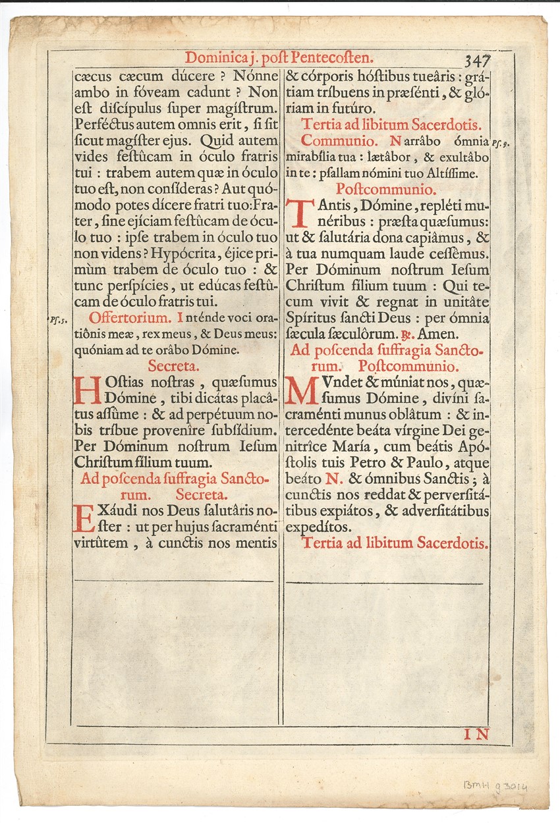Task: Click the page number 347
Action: [477, 61]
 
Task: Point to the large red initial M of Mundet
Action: [300, 390]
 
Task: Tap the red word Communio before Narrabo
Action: [339, 141]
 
